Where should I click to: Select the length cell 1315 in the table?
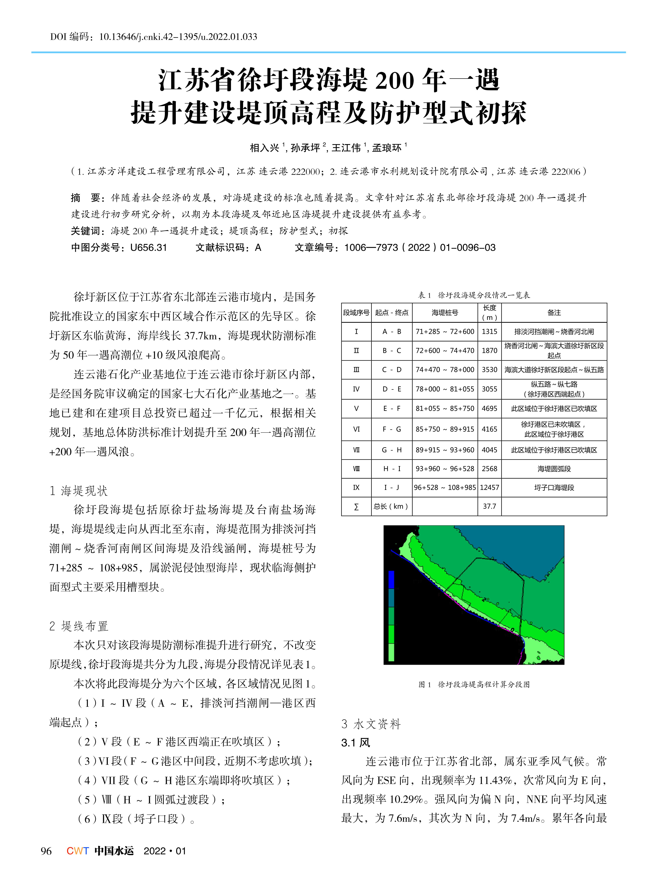pyautogui.click(x=489, y=331)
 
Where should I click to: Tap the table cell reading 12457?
pyautogui.click(x=489, y=487)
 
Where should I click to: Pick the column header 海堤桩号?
pyautogui.click(x=445, y=313)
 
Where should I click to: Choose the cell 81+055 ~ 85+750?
pyautogui.click(x=445, y=409)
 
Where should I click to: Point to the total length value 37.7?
pyautogui.click(x=489, y=507)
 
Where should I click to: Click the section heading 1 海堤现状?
pyautogui.click(x=79, y=491)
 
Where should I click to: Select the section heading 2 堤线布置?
pyautogui.click(x=79, y=626)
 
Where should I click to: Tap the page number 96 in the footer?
pyautogui.click(x=46, y=851)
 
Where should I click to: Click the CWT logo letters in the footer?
pyautogui.click(x=78, y=851)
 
